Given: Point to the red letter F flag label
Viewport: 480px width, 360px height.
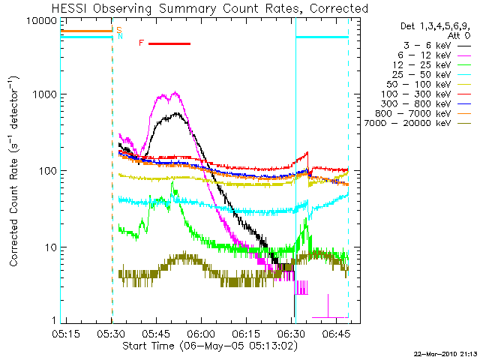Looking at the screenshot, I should (x=141, y=43).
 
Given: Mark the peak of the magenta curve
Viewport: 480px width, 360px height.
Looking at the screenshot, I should (x=175, y=93).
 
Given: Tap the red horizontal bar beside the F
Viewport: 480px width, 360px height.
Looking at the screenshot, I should (x=169, y=43).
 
